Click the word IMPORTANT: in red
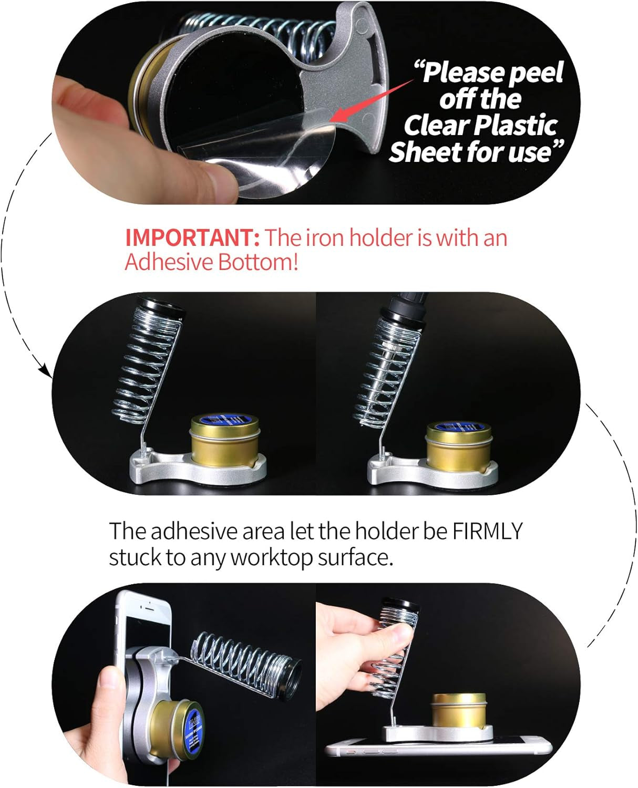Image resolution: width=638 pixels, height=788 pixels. (x=192, y=238)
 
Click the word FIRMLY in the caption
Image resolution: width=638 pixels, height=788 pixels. (x=488, y=531)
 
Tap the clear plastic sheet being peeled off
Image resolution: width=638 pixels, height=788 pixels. (x=294, y=158)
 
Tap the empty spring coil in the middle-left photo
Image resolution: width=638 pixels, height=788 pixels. (x=149, y=362)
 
